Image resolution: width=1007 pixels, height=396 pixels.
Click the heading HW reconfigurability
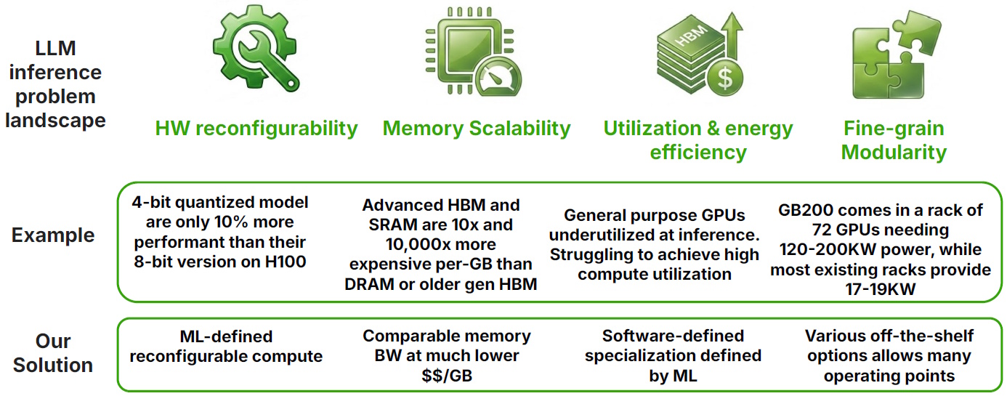tap(256, 129)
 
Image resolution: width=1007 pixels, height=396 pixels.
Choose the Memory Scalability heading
tap(477, 129)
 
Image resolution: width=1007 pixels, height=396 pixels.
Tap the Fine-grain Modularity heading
tap(894, 140)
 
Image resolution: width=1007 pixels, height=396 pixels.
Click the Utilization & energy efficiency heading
tap(698, 140)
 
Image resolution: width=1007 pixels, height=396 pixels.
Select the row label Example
tap(53, 235)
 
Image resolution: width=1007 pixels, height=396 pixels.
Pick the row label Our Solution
tap(54, 353)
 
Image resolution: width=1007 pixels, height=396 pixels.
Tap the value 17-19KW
tap(881, 289)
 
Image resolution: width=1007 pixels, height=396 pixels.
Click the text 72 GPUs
tap(850, 230)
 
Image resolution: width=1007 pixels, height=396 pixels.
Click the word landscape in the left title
tap(55, 120)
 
